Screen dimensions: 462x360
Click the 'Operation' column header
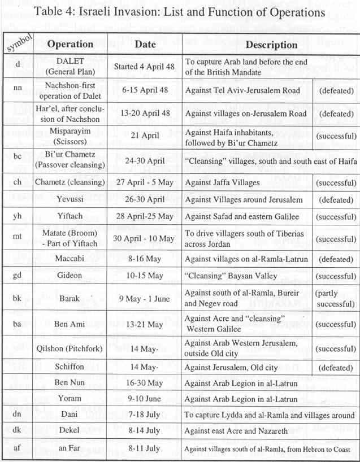71,44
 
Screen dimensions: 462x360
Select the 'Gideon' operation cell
71,276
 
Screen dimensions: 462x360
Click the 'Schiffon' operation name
71,367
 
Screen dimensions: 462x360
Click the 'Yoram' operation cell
71,399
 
